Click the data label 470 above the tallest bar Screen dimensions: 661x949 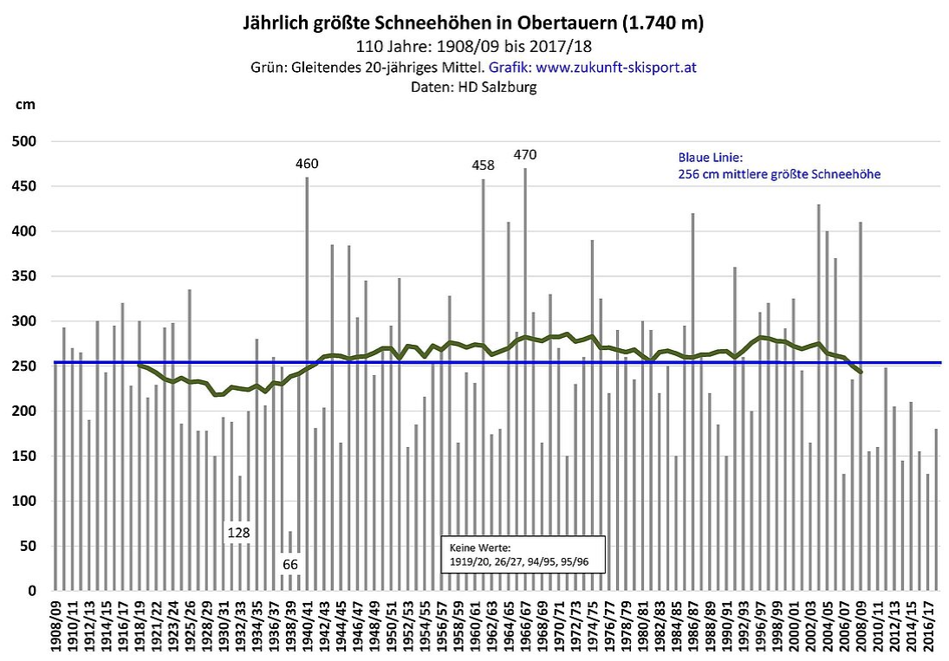[525, 155]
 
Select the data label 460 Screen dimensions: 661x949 [307, 164]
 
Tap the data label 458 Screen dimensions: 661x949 [483, 165]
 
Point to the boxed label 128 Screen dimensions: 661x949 [239, 532]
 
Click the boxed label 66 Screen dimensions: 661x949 [291, 565]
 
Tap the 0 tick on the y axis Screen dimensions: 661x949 [31, 591]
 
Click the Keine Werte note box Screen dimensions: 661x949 [523, 554]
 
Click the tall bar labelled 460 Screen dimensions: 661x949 [307, 381]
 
